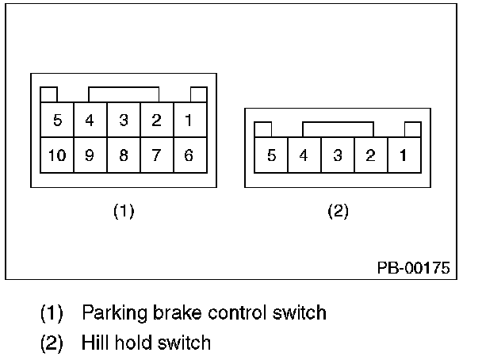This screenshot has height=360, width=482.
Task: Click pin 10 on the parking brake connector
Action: [x=57, y=155]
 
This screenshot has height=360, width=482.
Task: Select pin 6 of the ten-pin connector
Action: [x=190, y=155]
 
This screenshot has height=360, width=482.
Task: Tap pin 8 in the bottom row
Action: [x=124, y=155]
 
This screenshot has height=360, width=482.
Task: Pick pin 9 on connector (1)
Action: [x=90, y=155]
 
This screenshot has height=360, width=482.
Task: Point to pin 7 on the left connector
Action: [x=157, y=155]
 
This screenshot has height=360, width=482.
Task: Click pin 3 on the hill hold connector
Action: [x=338, y=155]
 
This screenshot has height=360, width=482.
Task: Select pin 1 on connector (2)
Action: [x=404, y=155]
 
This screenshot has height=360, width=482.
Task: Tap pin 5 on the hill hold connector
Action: [x=271, y=155]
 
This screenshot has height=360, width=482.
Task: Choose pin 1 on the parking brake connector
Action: [x=190, y=120]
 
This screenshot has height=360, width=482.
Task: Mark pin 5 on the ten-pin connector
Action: [x=57, y=120]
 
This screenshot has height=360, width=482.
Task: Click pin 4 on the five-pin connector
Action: [x=304, y=155]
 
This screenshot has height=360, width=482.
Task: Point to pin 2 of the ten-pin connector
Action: [x=157, y=120]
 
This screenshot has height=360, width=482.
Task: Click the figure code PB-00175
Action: [x=414, y=268]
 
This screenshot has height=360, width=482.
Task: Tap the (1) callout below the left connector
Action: [x=124, y=211]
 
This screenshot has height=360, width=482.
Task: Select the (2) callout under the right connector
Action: [x=339, y=211]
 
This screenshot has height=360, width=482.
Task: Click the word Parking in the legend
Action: [x=114, y=313]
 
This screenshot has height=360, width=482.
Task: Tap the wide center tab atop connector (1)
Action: [x=124, y=94]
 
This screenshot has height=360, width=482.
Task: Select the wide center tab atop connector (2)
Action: [x=339, y=129]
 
